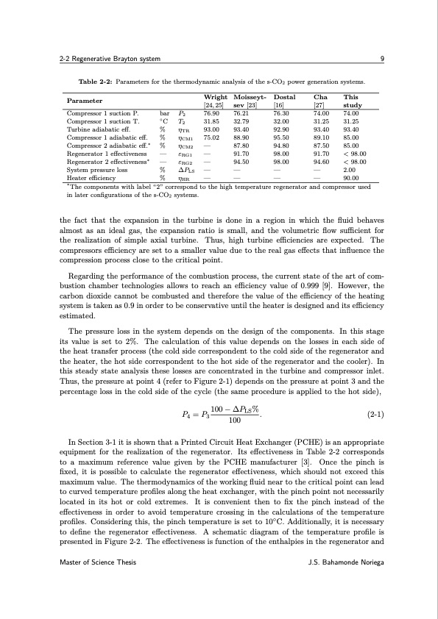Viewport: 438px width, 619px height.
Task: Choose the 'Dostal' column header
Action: click(x=284, y=97)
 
